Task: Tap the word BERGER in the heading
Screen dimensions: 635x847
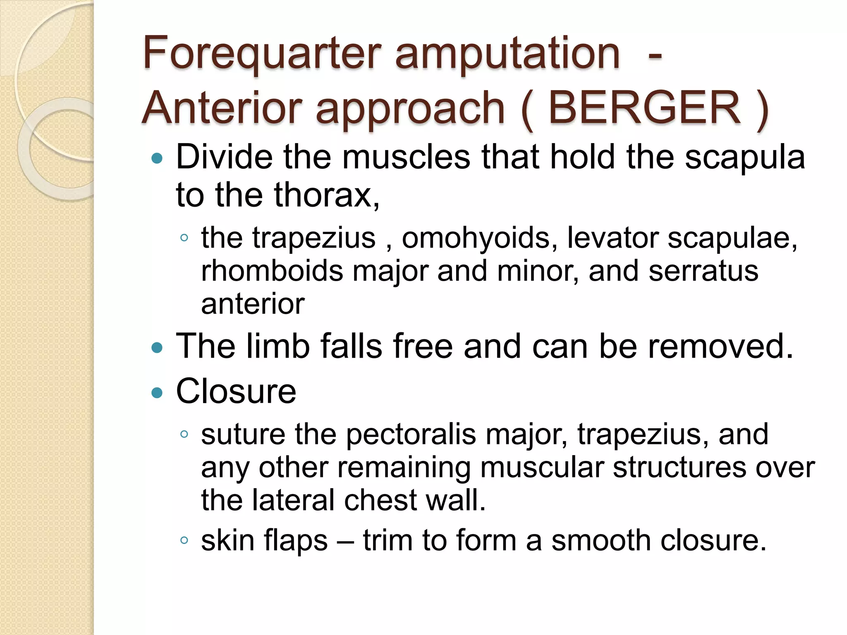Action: click(x=644, y=108)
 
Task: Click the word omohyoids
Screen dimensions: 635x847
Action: click(x=480, y=238)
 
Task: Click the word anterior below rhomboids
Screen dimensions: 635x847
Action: click(x=253, y=304)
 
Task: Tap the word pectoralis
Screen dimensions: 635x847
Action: click(x=411, y=434)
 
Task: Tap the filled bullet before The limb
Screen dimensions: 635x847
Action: click(x=157, y=347)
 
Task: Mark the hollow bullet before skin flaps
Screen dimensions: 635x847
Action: click(x=184, y=540)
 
